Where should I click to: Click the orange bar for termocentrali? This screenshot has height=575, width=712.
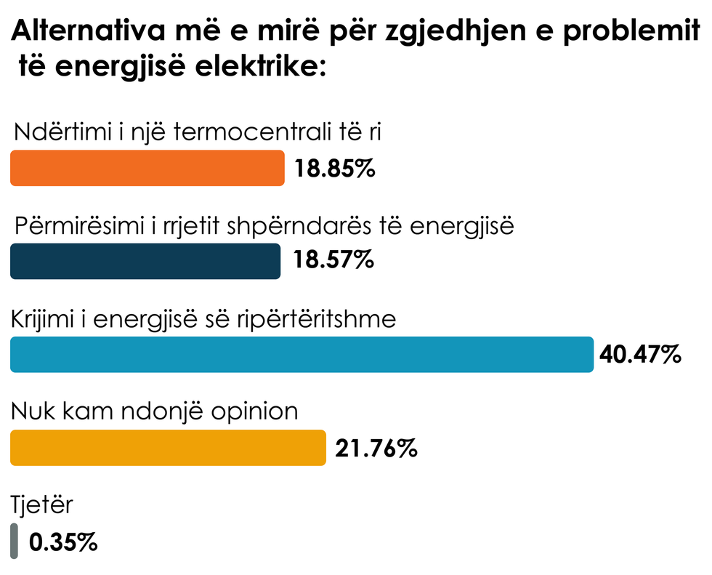point(147,168)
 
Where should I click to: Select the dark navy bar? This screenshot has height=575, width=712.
point(145,261)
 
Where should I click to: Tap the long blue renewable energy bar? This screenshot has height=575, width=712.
point(302,355)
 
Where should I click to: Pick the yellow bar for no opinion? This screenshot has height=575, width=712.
point(168,447)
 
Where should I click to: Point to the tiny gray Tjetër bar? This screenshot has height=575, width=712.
point(14,541)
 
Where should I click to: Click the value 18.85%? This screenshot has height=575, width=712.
point(334,169)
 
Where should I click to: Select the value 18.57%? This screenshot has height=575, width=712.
point(333,260)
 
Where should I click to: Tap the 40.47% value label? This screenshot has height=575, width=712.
point(639,355)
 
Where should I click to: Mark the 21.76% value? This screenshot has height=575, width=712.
point(376,449)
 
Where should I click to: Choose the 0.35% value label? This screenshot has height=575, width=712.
point(62,542)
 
